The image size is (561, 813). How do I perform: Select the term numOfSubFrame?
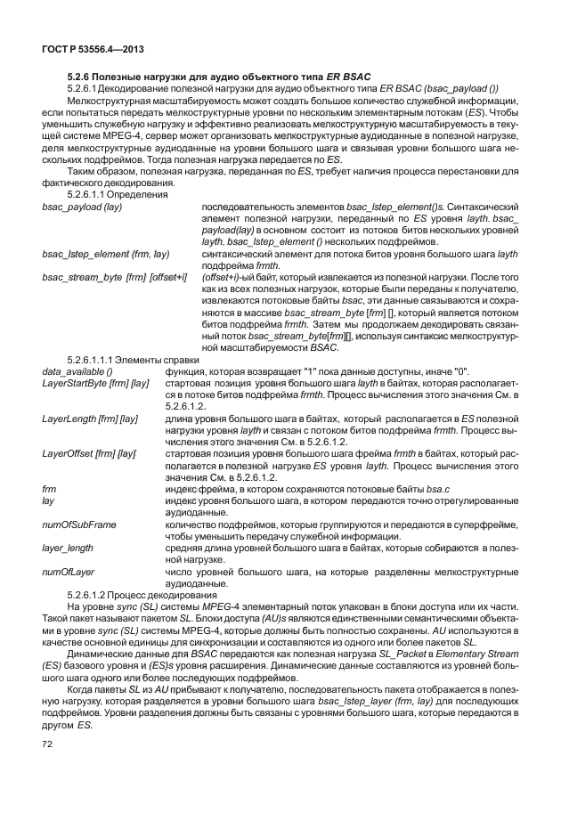click(x=79, y=524)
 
